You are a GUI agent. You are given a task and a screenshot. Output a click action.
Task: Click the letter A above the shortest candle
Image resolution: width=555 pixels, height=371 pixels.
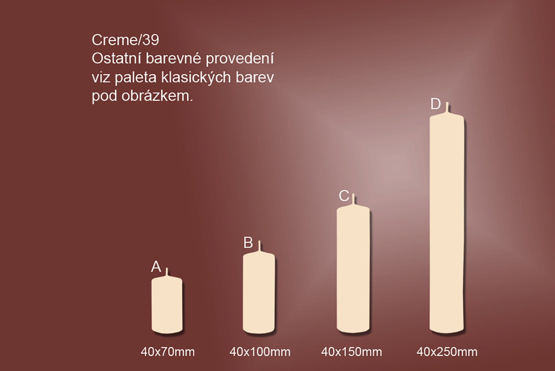pos(156,267)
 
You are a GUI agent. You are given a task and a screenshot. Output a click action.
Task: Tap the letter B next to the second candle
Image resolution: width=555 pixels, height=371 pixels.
pos(248,242)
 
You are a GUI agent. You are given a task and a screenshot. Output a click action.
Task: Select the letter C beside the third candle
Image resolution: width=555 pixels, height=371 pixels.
pos(344,196)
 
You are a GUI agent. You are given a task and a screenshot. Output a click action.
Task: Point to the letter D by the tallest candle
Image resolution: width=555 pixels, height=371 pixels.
pos(436,104)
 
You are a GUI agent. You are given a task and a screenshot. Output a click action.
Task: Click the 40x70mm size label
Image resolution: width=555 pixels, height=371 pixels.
pos(168,352)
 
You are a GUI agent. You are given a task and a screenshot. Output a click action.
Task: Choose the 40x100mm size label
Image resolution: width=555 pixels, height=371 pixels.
pos(260,352)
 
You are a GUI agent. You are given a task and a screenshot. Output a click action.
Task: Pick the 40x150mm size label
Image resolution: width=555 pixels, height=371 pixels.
pos(352,352)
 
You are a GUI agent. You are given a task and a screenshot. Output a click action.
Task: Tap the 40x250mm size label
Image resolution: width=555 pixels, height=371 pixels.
pos(447,352)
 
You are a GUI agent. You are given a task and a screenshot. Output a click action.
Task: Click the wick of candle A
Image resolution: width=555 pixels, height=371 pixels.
pos(167,272)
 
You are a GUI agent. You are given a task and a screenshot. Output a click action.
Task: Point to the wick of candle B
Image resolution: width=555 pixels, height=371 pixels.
pos(259,246)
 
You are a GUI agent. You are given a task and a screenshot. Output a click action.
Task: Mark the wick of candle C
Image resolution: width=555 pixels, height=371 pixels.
pos(353,199)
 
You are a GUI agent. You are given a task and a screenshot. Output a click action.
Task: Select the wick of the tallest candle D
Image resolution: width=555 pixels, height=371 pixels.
pos(447,107)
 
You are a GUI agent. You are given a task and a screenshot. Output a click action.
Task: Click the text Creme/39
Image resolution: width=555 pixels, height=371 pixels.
pos(125,40)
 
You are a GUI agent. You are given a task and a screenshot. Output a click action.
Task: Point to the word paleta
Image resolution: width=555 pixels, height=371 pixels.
pos(136,78)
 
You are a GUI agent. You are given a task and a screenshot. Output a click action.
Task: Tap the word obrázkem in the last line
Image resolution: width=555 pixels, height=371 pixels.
pos(157,96)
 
